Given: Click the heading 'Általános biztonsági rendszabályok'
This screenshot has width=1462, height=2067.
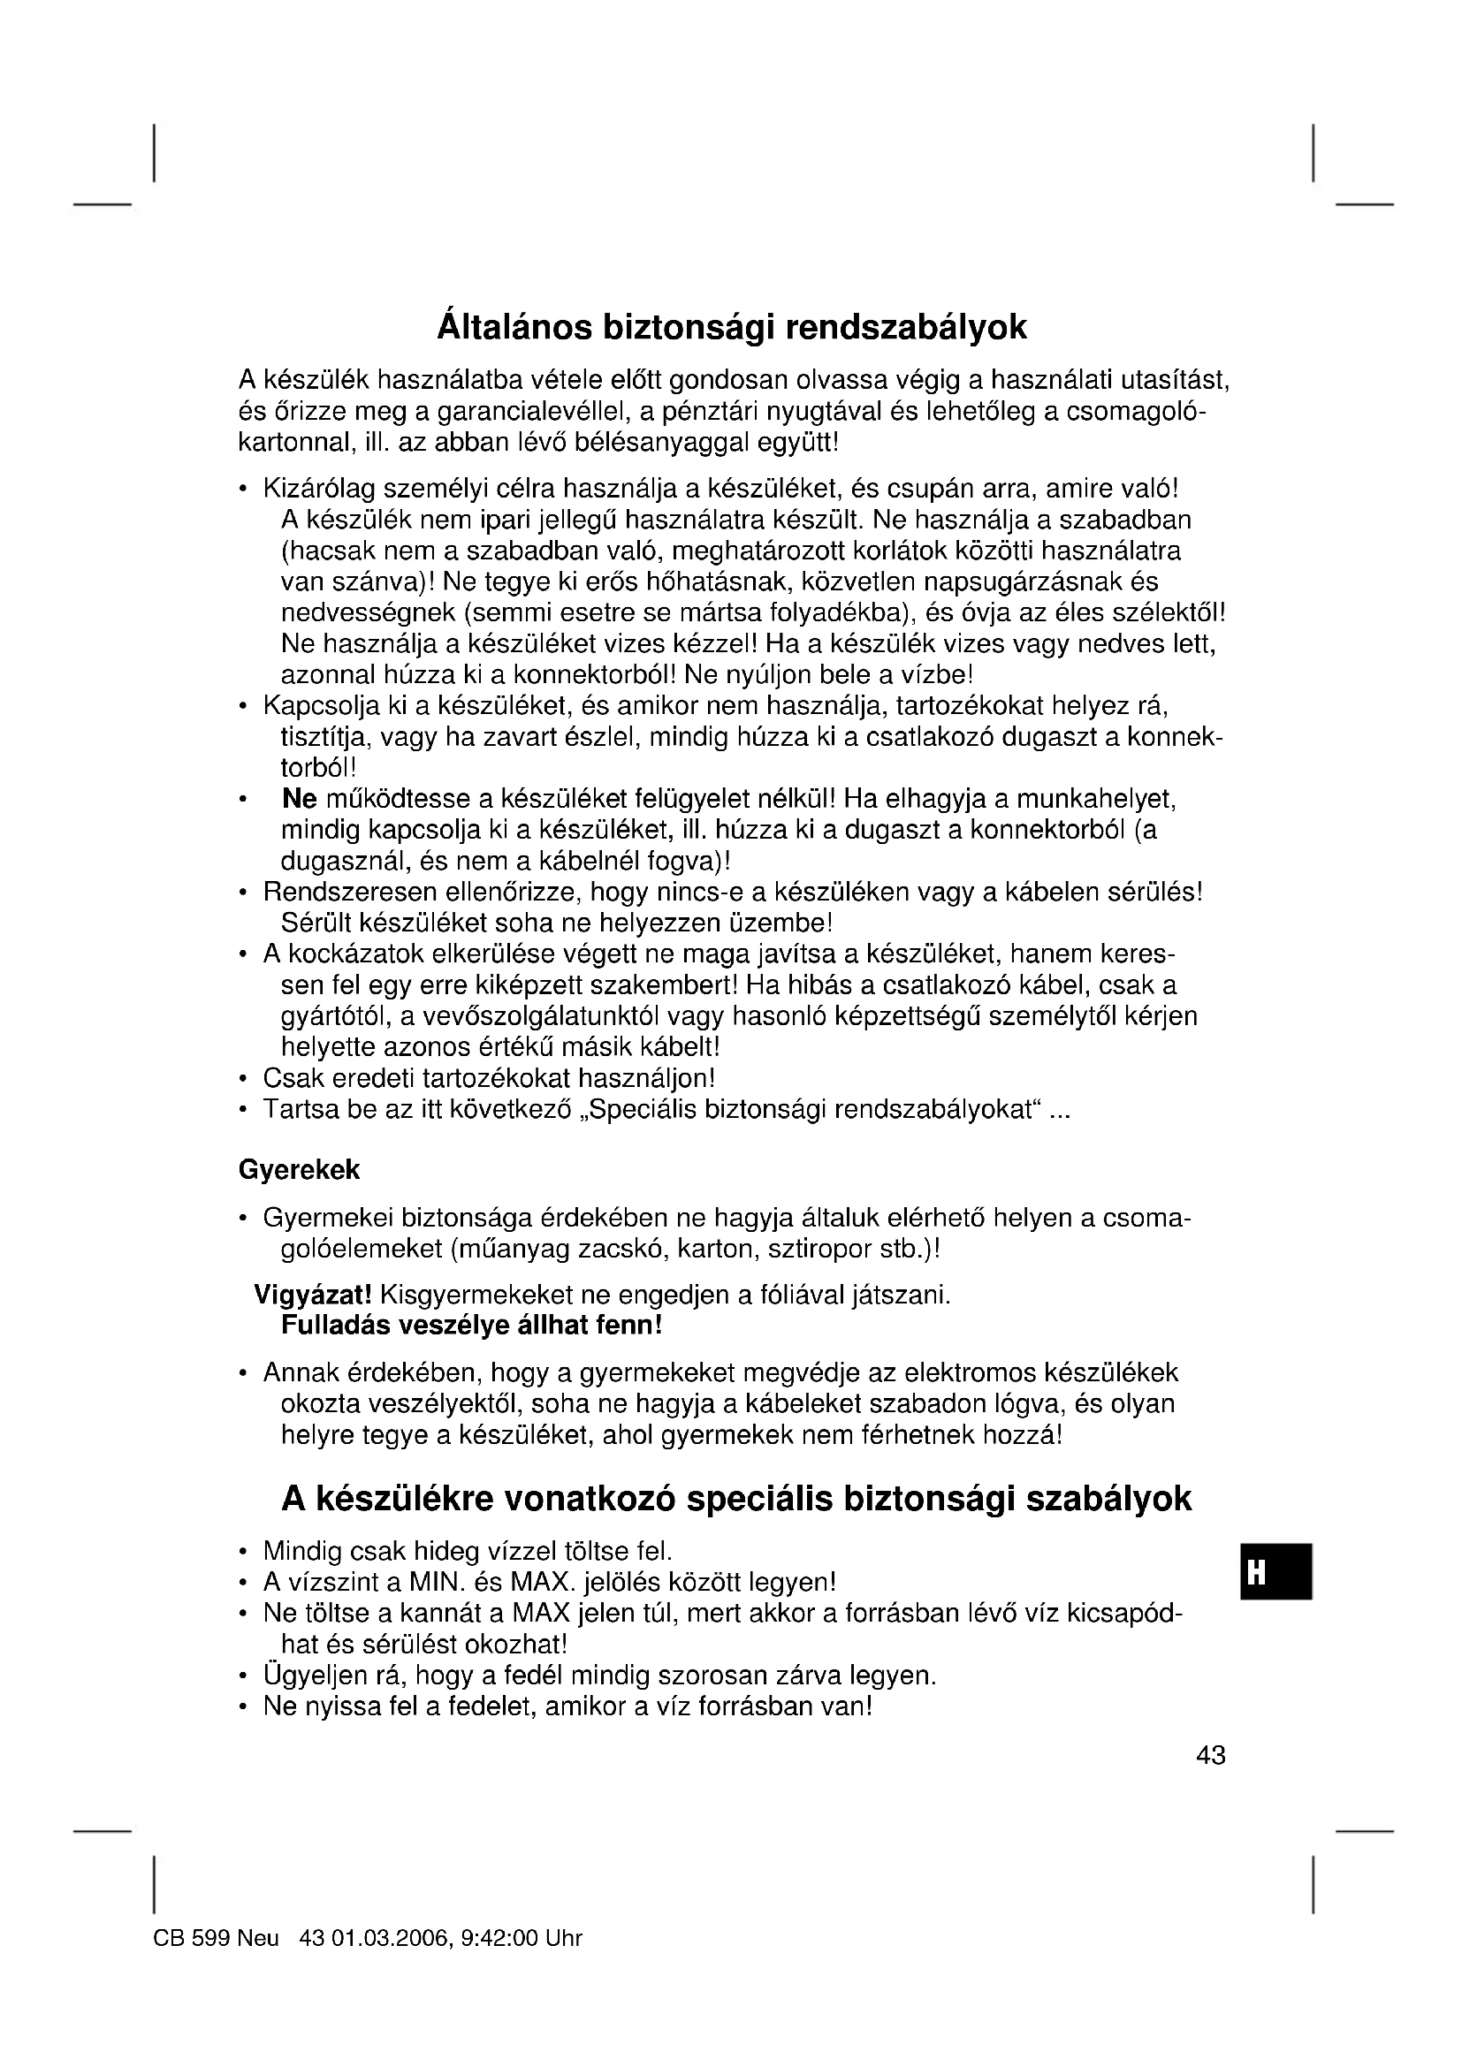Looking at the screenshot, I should click(x=731, y=327).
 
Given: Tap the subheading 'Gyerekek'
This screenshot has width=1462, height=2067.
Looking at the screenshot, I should click(x=299, y=1169).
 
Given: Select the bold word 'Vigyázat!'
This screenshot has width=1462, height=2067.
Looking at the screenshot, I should click(x=312, y=1295).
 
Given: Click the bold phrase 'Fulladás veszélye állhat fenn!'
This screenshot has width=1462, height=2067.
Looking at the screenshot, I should click(x=472, y=1326).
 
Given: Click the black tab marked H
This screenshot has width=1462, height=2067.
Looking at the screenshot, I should click(x=1275, y=1572).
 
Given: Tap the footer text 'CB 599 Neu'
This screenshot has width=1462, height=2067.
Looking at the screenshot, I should click(x=216, y=1938).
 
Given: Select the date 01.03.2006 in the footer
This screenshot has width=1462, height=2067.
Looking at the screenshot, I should click(x=390, y=1938).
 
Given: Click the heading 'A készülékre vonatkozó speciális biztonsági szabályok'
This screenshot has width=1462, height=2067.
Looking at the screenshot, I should click(x=736, y=1499).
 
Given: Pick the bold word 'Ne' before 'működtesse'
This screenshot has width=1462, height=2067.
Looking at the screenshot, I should click(x=299, y=799).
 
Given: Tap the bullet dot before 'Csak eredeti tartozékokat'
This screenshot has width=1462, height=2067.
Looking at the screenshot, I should click(x=242, y=1078).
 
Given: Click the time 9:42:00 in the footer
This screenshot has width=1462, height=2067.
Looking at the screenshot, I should click(x=499, y=1938).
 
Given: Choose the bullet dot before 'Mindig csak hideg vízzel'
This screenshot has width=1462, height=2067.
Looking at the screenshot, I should click(x=242, y=1552).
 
